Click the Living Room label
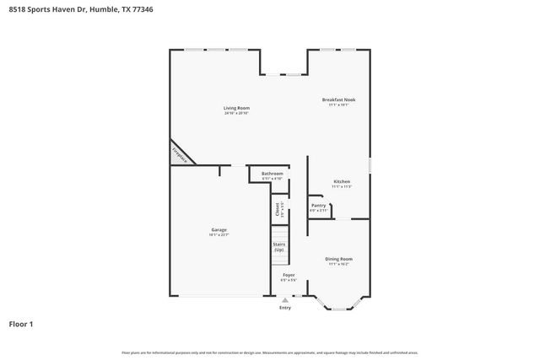click(236, 108)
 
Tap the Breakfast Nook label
click(338, 100)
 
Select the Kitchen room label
click(342, 181)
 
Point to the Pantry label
click(318, 205)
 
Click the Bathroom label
click(272, 174)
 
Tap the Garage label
click(219, 229)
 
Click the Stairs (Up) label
click(278, 247)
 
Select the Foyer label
click(289, 275)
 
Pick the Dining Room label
click(339, 259)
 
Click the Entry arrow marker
click(285, 299)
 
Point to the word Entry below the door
click(285, 308)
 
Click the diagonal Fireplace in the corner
click(179, 154)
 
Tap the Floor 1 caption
click(21, 323)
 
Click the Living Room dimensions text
click(236, 114)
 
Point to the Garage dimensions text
click(219, 235)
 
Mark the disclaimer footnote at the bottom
click(270, 352)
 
